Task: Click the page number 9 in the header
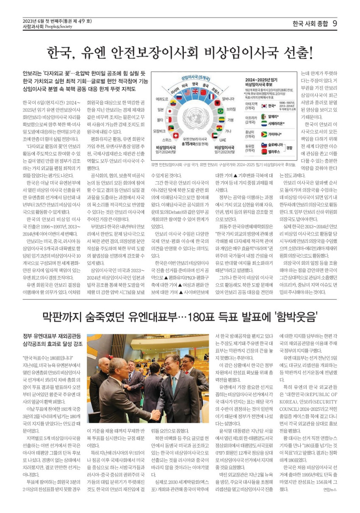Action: point(334,23)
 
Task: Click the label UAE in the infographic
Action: point(223,140)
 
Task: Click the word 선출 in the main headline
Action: point(294,53)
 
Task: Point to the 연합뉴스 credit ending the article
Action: point(330,489)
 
